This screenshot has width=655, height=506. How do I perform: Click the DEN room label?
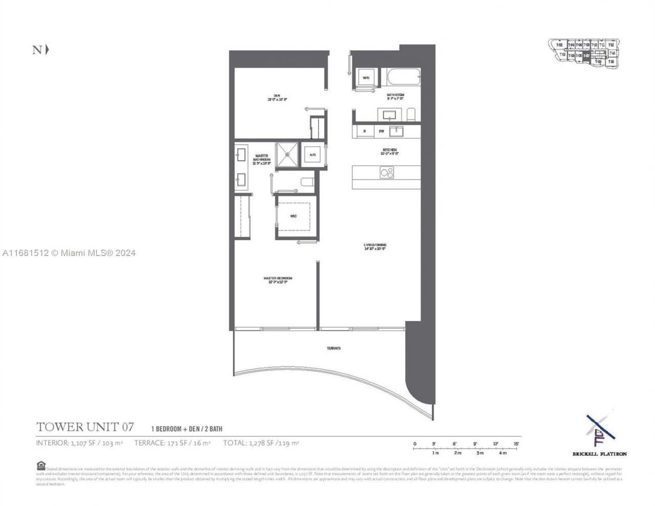tap(276, 97)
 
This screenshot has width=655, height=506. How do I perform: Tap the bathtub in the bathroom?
tap(403, 79)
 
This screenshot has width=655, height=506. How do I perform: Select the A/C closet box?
tap(312, 155)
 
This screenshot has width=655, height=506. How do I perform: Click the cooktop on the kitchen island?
tap(387, 173)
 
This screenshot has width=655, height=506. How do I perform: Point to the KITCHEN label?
tap(389, 151)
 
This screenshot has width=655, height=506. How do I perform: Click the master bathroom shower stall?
tap(288, 155)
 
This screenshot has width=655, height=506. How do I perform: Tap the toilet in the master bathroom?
tap(308, 182)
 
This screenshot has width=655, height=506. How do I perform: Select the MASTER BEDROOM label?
tap(278, 280)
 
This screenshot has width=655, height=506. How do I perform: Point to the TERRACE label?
tap(334, 348)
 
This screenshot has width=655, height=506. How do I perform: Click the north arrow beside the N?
tap(48, 50)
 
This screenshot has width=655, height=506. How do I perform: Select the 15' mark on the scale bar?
tap(516, 444)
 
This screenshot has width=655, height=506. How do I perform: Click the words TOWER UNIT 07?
tap(85, 427)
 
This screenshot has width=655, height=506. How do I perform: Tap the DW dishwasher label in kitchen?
tap(381, 131)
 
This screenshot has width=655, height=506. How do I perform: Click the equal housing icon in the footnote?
tap(41, 465)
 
